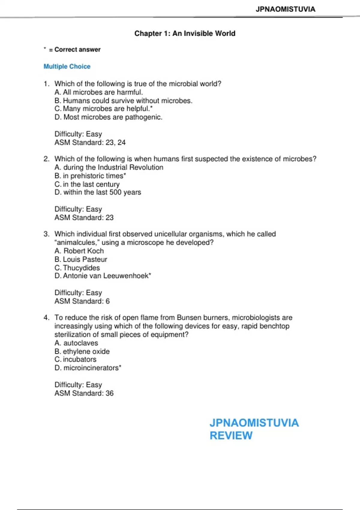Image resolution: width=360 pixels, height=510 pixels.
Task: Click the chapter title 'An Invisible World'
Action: point(204,33)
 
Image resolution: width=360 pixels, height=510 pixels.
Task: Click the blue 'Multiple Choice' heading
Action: point(67,66)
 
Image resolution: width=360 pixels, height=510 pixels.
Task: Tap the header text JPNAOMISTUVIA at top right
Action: point(285,9)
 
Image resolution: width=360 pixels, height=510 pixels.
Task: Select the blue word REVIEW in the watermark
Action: point(231,435)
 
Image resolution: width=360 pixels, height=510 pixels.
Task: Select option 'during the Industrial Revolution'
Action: point(113,167)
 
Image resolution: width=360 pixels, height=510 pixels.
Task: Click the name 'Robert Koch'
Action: point(83,251)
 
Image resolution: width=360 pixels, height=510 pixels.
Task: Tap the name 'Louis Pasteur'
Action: point(85,259)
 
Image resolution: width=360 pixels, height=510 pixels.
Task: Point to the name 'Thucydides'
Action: point(81,268)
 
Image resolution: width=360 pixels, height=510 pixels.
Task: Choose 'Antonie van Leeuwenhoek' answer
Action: point(106,276)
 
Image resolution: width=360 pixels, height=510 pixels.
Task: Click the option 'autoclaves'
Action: point(80,343)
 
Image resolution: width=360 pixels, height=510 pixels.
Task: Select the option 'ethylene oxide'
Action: point(86,351)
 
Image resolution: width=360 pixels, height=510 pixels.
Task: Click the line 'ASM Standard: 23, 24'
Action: point(90,142)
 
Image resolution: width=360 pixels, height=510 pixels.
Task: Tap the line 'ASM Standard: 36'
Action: point(84,393)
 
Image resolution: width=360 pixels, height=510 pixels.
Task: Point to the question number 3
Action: point(46,234)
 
